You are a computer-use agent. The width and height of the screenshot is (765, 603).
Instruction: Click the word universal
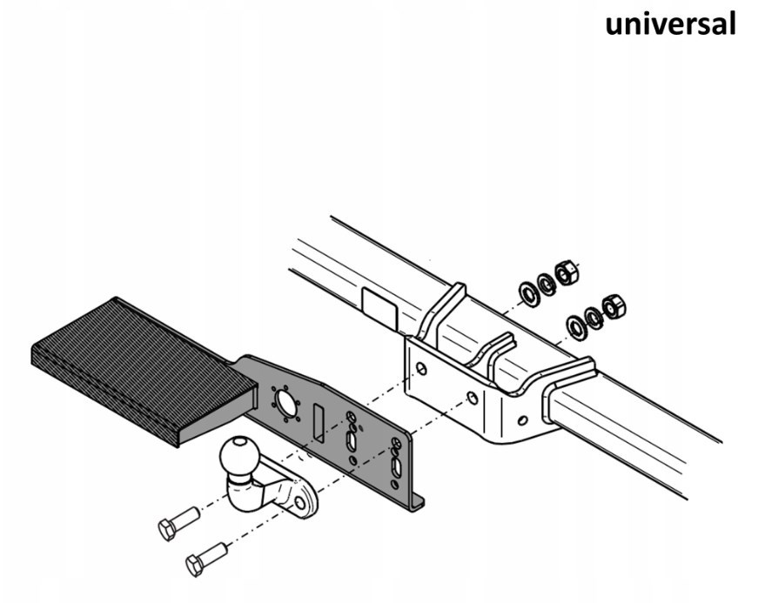670,23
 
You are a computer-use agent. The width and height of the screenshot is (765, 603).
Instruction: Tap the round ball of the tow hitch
239,457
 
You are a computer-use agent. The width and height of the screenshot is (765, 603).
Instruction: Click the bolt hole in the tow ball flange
300,502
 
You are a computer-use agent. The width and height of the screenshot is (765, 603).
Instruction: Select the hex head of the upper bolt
168,529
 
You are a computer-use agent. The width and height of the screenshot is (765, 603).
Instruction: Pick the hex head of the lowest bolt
195,566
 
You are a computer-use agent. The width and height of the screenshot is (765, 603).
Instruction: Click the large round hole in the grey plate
285,403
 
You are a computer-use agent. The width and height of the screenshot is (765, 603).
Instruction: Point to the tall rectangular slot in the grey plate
319,423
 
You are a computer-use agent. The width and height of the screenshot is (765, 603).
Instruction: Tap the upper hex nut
567,273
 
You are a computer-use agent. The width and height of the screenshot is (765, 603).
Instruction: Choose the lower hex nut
614,307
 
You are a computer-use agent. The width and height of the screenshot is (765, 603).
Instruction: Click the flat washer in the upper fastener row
529,294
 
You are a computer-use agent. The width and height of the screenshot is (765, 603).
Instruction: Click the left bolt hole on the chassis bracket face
421,368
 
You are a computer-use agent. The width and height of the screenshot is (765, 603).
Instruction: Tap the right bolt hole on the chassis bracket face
473,398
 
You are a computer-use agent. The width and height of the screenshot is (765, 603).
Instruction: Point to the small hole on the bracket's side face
522,419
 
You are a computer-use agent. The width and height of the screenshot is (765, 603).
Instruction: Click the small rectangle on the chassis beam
379,309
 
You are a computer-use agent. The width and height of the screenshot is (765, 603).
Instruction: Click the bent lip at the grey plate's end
417,503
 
